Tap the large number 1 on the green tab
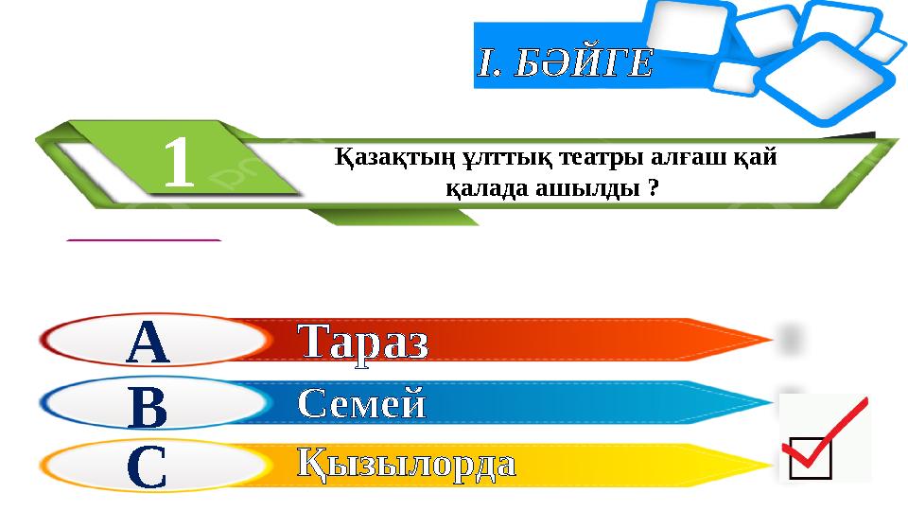pyautogui.click(x=179, y=163)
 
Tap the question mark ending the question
pyautogui.click(x=654, y=187)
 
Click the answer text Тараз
pyautogui.click(x=363, y=342)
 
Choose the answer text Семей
pyautogui.click(x=362, y=405)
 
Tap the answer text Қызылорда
pyautogui.click(x=407, y=465)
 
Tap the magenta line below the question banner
pyautogui.click(x=144, y=241)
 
